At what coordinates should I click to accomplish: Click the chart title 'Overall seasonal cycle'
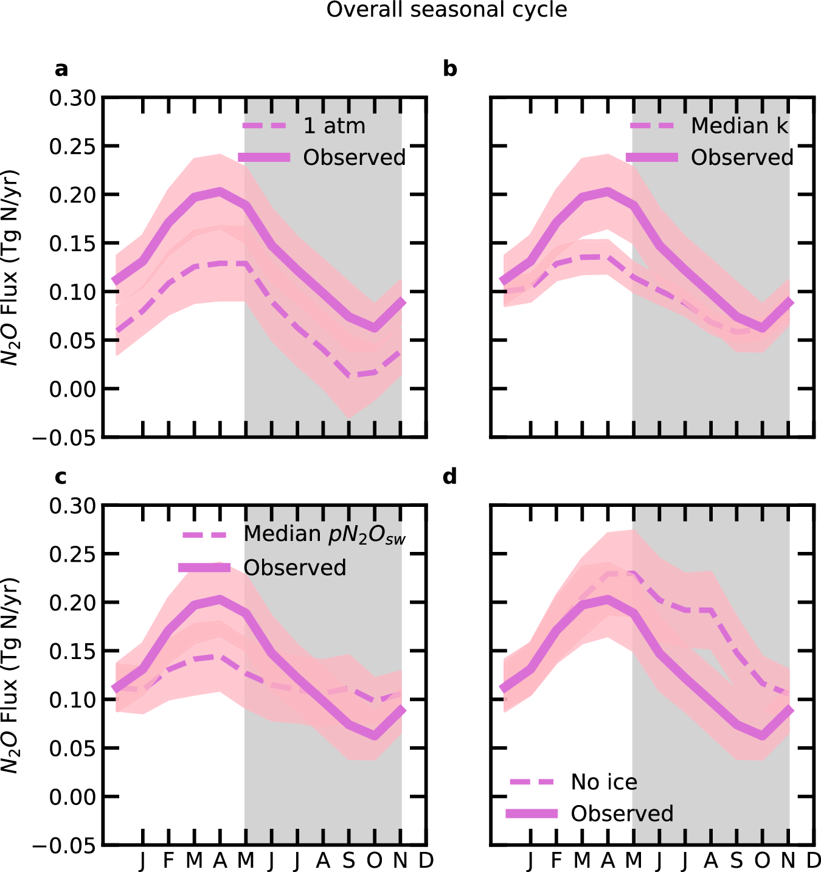tap(446, 10)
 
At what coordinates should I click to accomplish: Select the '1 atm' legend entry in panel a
tap(334, 126)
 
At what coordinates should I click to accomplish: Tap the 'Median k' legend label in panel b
tap(739, 126)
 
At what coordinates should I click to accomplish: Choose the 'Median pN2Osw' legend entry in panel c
tap(324, 534)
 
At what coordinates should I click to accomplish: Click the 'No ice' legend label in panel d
tap(604, 782)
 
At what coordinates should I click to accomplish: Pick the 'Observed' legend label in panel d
tap(622, 814)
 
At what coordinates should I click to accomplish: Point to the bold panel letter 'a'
tap(61, 69)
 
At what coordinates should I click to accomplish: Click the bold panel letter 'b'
tap(449, 69)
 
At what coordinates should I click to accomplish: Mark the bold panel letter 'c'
tap(61, 477)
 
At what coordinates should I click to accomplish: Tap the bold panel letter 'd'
tap(449, 476)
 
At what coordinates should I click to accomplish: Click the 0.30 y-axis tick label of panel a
tap(72, 98)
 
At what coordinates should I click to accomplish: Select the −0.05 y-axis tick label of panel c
tap(64, 846)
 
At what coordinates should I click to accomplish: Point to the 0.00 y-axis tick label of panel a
tap(72, 389)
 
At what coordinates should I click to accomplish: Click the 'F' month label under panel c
tap(168, 860)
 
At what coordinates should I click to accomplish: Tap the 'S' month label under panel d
tap(736, 860)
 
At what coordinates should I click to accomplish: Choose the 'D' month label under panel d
tap(814, 860)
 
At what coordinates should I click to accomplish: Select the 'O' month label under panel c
tap(374, 860)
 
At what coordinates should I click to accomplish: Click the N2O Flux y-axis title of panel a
tap(10, 267)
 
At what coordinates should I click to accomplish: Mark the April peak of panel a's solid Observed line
tap(220, 192)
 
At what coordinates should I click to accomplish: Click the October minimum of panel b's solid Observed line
tap(763, 327)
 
